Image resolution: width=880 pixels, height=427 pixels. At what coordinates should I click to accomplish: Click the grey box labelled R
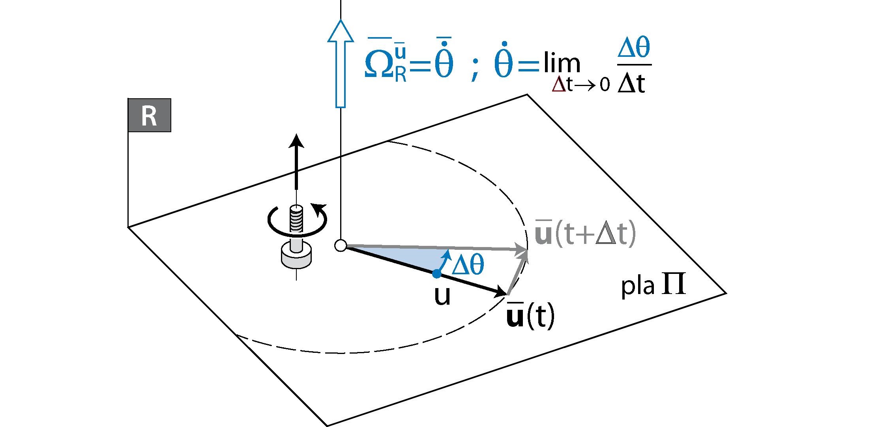[x=149, y=115]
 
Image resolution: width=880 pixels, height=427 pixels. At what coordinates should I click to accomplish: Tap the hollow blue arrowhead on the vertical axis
[x=340, y=32]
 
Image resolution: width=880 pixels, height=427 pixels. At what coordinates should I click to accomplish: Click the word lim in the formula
[x=562, y=63]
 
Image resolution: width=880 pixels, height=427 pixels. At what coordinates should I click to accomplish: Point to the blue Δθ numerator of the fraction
[x=633, y=48]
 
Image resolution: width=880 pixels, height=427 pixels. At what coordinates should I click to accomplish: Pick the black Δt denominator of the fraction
[x=631, y=84]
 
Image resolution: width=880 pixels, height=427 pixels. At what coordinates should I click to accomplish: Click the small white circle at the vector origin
[x=341, y=245]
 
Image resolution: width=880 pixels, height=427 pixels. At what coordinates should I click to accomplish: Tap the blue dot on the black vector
[x=436, y=273]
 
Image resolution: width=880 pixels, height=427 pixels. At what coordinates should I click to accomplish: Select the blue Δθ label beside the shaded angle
[x=468, y=264]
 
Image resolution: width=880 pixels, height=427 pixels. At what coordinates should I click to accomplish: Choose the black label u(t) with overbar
[x=530, y=316]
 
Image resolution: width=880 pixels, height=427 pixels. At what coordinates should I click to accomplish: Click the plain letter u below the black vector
[x=442, y=296]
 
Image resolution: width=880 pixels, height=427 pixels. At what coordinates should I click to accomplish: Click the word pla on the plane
[x=638, y=286]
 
